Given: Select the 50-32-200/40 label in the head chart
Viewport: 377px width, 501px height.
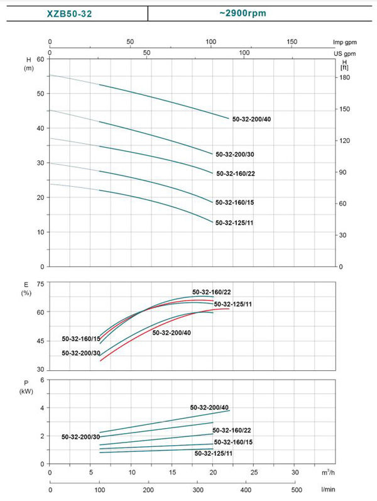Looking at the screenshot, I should pos(252,119).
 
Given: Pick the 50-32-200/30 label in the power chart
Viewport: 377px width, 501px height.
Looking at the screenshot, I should pos(80,436).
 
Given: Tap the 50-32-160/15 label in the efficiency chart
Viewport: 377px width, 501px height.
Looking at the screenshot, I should pos(80,339).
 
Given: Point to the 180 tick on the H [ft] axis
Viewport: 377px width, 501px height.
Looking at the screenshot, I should pos(344,77).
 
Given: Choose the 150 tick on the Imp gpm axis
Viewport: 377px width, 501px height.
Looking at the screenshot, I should pos(292,42).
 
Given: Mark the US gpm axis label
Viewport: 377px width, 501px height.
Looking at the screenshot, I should pos(341,54).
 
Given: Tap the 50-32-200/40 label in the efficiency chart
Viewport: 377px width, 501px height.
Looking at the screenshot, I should pos(172,333).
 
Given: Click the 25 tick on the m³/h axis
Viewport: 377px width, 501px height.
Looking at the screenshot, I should pos(254,472).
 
